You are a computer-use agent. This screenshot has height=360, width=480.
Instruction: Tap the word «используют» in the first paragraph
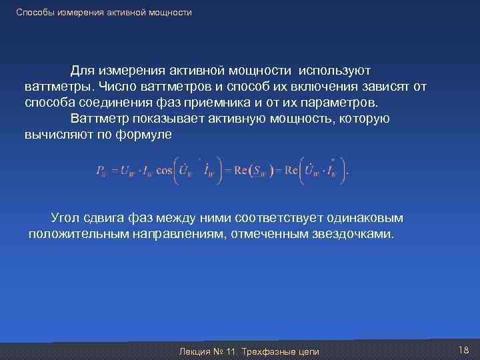coord(335,70)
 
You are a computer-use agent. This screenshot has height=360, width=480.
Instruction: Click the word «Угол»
coord(66,218)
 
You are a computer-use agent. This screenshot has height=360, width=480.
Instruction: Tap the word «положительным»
coord(76,235)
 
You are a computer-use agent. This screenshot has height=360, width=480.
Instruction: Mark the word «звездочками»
coord(353,235)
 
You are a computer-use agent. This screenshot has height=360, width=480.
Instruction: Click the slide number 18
coord(464,350)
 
